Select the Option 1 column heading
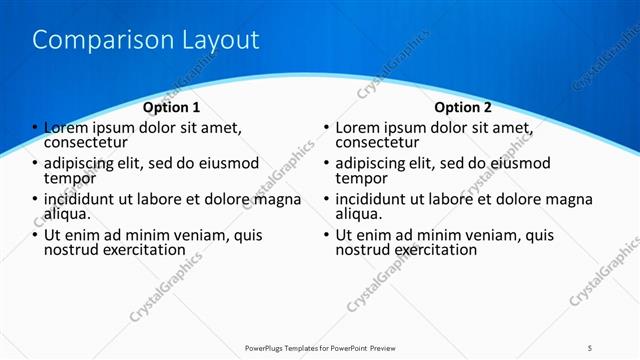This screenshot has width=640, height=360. pos(171,107)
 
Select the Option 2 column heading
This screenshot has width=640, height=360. pos(463,107)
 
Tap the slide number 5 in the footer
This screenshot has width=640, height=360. pos(591,347)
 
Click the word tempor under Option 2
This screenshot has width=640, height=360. pos(360,178)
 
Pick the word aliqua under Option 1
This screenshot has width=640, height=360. pos(67,213)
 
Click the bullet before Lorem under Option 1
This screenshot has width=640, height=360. pos(35,128)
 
